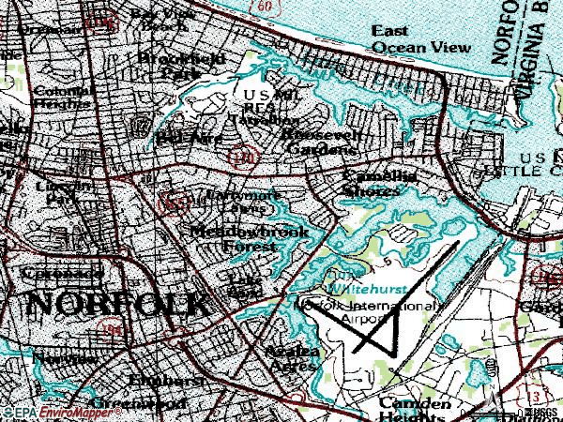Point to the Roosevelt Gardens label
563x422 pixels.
click(320, 142)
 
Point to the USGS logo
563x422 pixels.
click(540, 412)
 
